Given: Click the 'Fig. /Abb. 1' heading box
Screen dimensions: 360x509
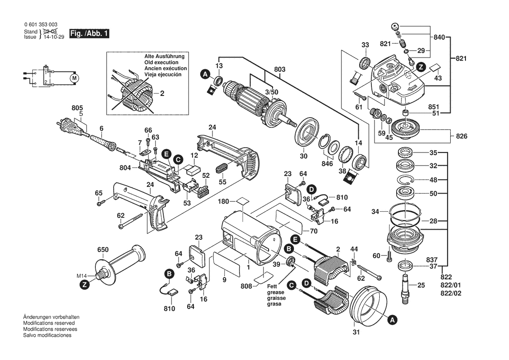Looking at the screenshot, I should click(88, 34).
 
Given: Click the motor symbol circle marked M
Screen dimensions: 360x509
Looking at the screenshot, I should click(74, 78).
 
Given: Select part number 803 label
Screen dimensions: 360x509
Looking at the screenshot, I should click(280, 69).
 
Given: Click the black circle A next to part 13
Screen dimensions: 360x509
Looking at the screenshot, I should click(205, 75).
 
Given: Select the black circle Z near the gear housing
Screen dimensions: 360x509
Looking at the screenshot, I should click(420, 67).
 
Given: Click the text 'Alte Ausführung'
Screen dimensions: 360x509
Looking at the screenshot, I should click(165, 57).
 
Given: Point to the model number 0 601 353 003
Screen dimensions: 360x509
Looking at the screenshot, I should click(40, 25).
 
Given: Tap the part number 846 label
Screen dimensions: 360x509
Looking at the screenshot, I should click(327, 163).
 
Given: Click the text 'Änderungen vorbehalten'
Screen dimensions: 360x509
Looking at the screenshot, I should click(48, 317).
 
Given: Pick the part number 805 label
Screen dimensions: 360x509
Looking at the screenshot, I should click(77, 108).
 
